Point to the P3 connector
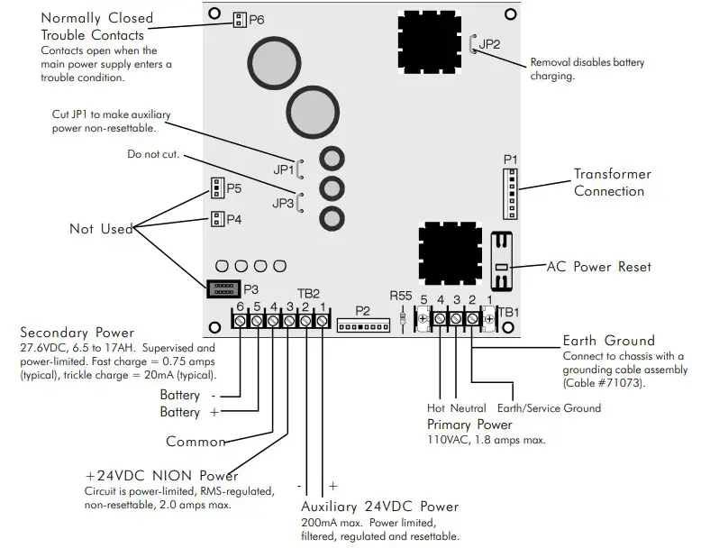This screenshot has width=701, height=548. tap(219, 289)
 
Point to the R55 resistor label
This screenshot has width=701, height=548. tap(401, 295)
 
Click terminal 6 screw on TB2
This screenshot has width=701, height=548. tap(241, 320)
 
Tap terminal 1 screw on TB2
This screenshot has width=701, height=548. tap(322, 320)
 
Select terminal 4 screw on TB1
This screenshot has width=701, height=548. tap(440, 317)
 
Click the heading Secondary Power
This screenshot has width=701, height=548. tap(77, 332)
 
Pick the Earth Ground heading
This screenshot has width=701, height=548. tap(608, 341)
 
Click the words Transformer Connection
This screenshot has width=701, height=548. tap(612, 182)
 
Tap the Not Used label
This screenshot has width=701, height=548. tap(101, 229)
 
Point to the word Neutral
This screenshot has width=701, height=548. tap(468, 408)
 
